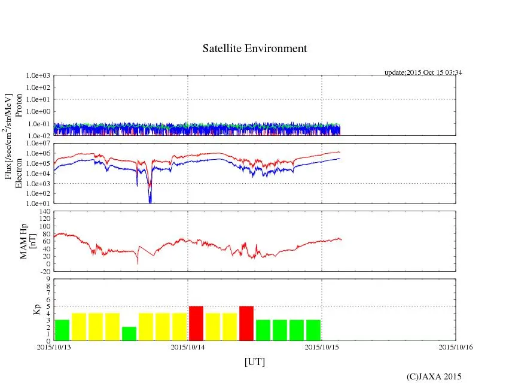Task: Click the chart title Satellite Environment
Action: (254, 48)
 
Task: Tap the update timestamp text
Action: (423, 72)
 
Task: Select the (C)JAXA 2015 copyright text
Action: (434, 376)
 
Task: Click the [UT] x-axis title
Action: (254, 361)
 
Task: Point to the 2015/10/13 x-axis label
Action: (53, 347)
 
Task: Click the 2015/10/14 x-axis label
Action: (188, 347)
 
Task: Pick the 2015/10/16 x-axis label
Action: (456, 347)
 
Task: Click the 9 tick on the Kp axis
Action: (48, 279)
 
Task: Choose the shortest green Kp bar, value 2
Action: (129, 333)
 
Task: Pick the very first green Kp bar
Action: (62, 330)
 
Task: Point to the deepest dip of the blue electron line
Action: (150, 201)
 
